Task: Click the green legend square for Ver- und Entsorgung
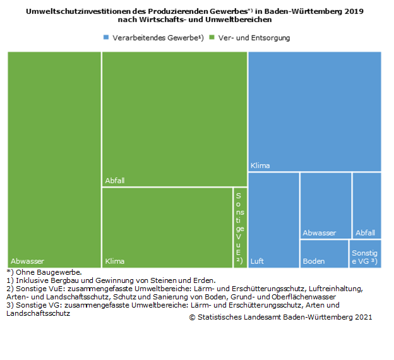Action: (x=212, y=38)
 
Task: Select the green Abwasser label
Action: (x=27, y=261)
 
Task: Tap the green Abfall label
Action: (x=115, y=181)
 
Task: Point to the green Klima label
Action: (x=115, y=261)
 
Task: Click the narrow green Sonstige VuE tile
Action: (x=239, y=228)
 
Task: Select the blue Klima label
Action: (x=260, y=165)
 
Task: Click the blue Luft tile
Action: (x=273, y=220)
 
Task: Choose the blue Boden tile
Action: (x=324, y=254)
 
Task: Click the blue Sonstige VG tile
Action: (x=366, y=254)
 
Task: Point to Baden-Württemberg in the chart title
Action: (x=300, y=12)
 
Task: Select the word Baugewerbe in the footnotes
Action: (x=60, y=272)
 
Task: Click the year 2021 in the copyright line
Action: (x=362, y=317)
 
